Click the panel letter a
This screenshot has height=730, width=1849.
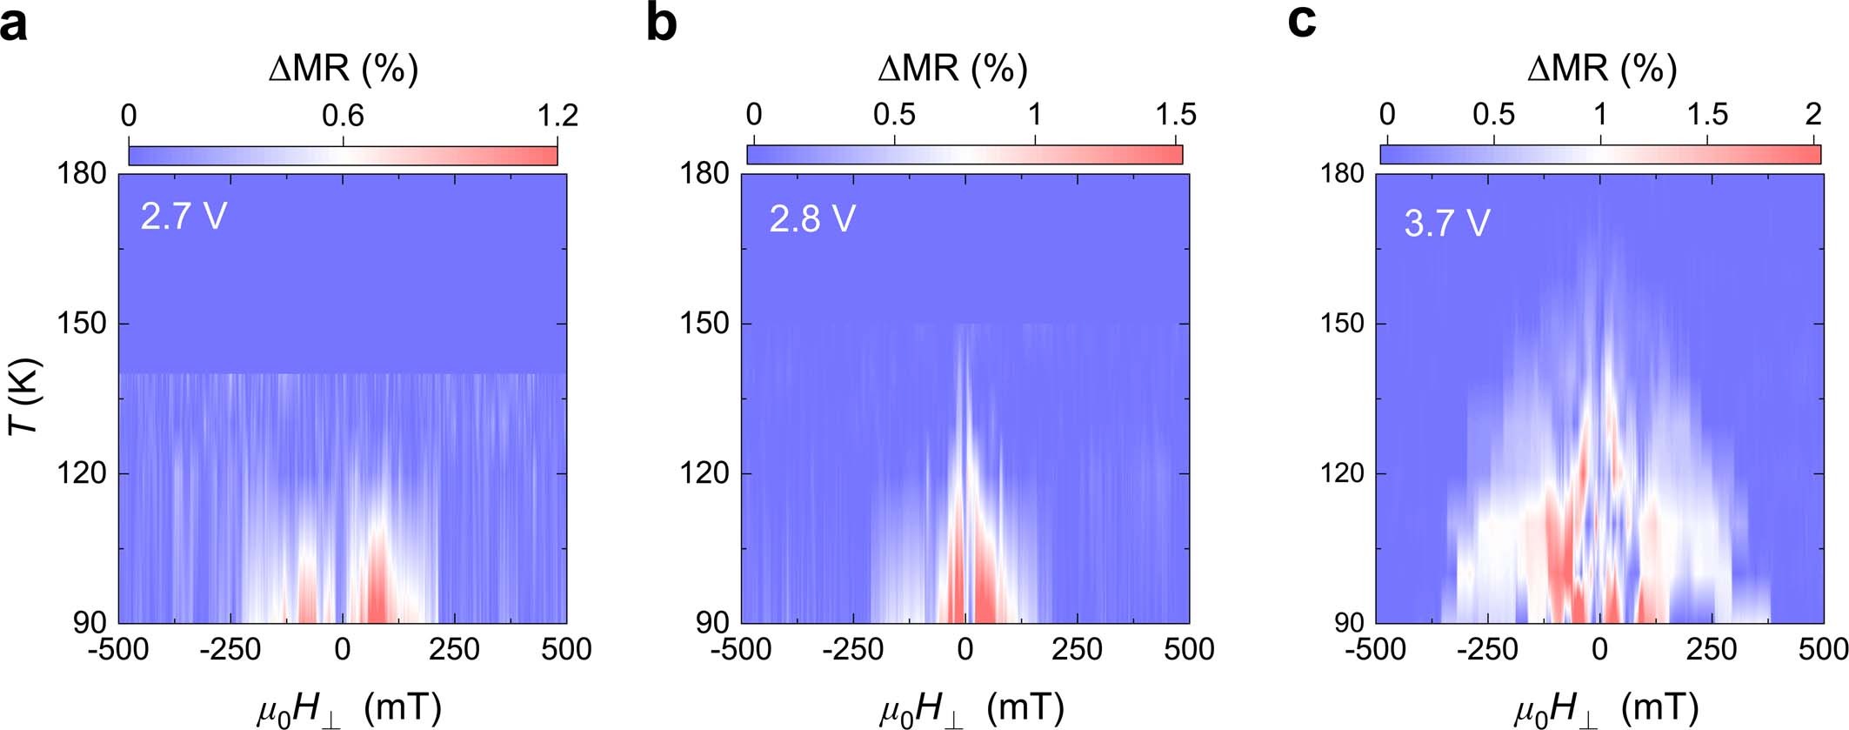pos(15,23)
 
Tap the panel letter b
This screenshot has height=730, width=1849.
pos(662,23)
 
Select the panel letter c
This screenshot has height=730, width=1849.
pos(1301,22)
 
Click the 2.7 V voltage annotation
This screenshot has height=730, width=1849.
pos(184,216)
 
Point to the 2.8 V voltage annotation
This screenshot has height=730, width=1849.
pos(811,218)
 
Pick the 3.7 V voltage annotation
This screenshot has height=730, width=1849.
pos(1446,223)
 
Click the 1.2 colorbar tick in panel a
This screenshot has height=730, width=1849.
pos(557,116)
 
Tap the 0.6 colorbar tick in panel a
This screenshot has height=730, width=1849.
pos(343,116)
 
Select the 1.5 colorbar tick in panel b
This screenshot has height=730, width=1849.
pos(1176,115)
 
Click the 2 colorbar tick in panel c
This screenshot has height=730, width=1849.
pos(1813,115)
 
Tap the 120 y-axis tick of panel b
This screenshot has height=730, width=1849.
pos(704,473)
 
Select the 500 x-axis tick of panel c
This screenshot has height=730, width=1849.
pos(1823,649)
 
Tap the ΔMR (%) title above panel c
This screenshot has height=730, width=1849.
pos(1602,68)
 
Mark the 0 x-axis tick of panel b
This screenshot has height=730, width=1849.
pos(965,649)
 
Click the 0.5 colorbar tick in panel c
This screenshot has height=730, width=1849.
pos(1493,115)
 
